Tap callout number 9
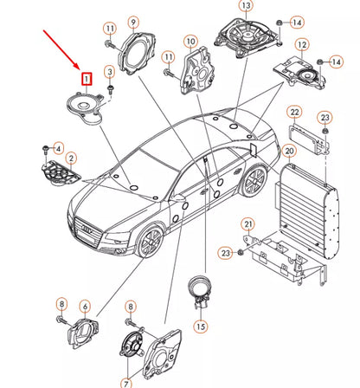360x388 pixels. [x=132, y=22]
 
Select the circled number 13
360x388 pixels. [x=245, y=6]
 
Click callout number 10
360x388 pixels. [x=190, y=41]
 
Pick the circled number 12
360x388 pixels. [x=301, y=44]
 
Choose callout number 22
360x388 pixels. [x=294, y=112]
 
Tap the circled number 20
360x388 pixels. [x=291, y=152]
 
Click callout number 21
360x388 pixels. [x=248, y=226]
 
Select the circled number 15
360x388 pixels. [x=201, y=327]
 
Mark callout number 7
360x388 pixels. [x=125, y=382]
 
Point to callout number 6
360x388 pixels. [x=85, y=306]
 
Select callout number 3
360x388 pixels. [x=109, y=70]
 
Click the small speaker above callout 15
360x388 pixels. [x=200, y=288]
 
